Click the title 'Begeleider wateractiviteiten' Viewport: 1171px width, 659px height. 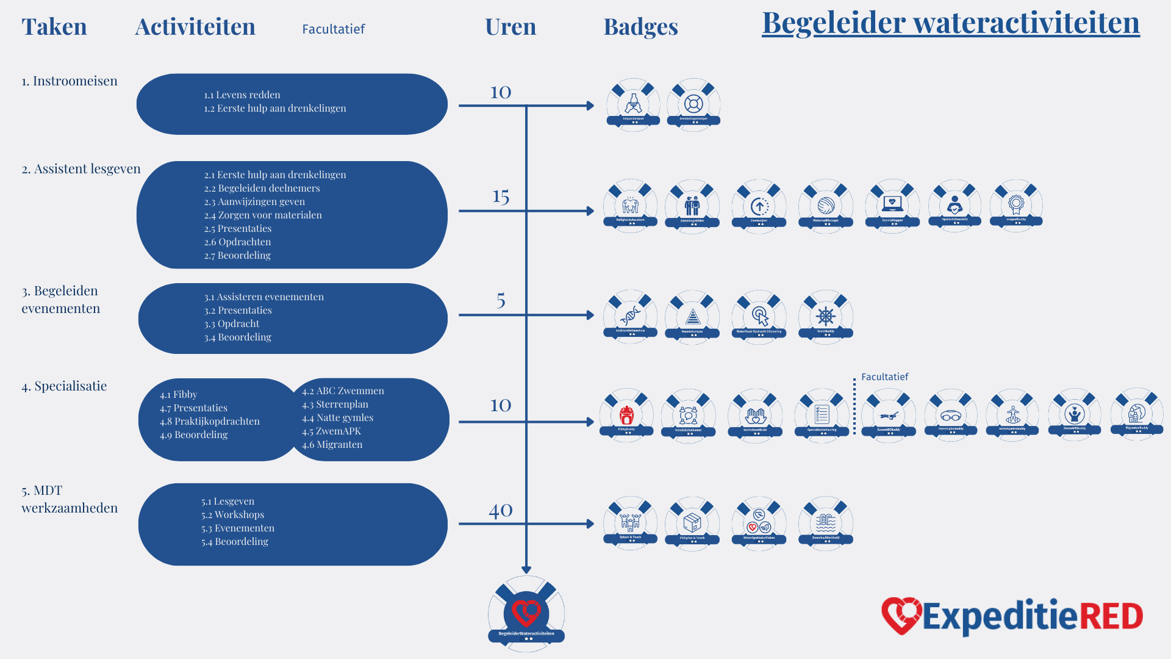[950, 23]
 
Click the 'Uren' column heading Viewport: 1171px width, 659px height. [510, 27]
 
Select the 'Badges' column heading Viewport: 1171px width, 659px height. [640, 27]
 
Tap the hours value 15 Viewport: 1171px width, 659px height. [501, 196]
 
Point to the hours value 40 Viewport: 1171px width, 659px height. [501, 510]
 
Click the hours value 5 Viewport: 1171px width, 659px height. [501, 300]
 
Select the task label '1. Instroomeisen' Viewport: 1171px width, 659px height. [70, 81]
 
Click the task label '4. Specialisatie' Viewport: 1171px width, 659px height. [64, 386]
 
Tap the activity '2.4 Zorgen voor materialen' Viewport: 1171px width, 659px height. [263, 215]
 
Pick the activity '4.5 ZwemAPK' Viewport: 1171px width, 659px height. [331, 431]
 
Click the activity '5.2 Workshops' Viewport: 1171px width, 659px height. [233, 514]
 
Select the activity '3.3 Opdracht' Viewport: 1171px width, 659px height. [232, 323]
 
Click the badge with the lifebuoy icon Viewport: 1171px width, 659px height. [693, 104]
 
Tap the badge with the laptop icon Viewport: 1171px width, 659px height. [892, 205]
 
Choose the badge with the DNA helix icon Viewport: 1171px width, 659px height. [630, 317]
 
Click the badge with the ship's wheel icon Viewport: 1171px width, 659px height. [825, 317]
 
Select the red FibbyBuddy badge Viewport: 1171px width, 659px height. [626, 416]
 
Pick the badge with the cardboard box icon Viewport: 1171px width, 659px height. [692, 523]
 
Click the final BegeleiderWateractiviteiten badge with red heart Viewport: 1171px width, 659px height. [526, 613]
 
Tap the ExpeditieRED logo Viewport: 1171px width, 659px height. [1012, 616]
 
